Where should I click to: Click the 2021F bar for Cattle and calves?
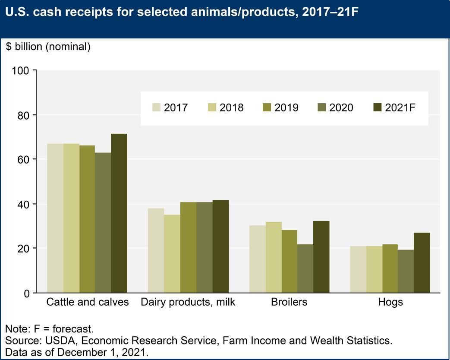[x=119, y=213]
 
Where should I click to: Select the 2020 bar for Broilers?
[x=305, y=268]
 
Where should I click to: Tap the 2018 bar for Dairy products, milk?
[x=172, y=254]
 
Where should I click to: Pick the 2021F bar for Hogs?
[x=422, y=262]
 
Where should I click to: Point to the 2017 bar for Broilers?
[x=258, y=259]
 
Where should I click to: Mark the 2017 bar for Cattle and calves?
[x=55, y=218]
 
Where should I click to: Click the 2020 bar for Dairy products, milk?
[x=205, y=247]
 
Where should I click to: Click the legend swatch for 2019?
[x=267, y=107]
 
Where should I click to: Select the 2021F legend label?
[x=400, y=107]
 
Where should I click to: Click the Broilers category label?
[x=289, y=302]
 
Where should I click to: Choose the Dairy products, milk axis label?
[x=188, y=302]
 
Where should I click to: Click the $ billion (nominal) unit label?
[x=48, y=47]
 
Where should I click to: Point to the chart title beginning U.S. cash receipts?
[x=182, y=12]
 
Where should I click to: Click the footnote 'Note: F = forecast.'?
[x=49, y=329]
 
